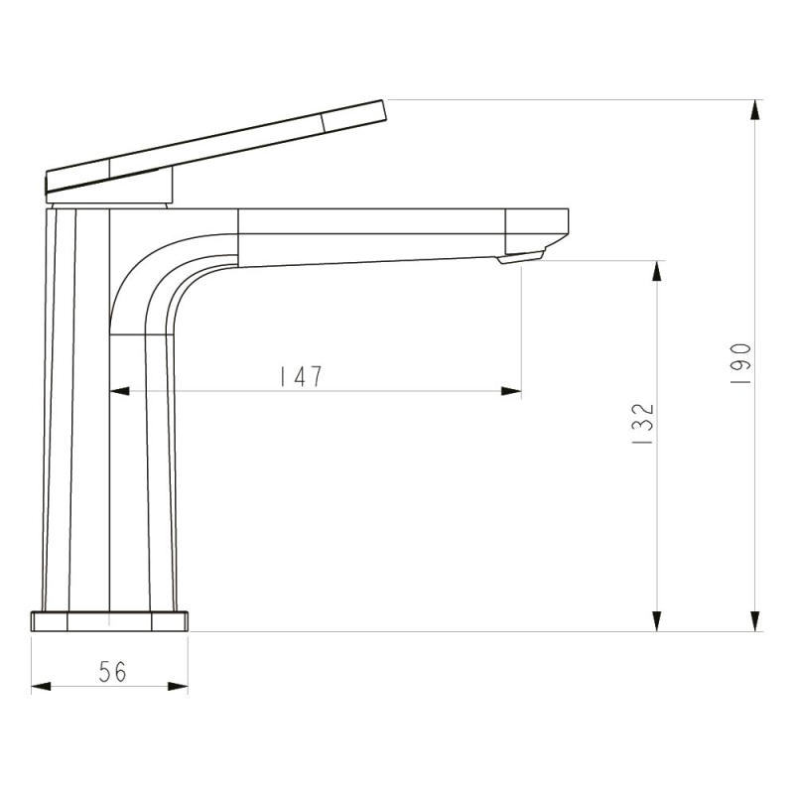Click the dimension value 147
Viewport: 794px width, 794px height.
(302, 376)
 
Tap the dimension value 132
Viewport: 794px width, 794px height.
(643, 424)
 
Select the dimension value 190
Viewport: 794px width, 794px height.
(740, 363)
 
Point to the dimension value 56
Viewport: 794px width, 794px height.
(112, 672)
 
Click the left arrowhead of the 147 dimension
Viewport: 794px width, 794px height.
(119, 391)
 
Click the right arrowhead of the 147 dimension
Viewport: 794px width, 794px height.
(511, 391)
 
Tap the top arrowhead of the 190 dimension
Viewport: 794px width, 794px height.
(755, 110)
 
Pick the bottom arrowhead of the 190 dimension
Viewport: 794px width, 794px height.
(755, 621)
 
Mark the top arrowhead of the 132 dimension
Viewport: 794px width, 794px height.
(657, 271)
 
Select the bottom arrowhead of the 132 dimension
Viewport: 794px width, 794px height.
(657, 621)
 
